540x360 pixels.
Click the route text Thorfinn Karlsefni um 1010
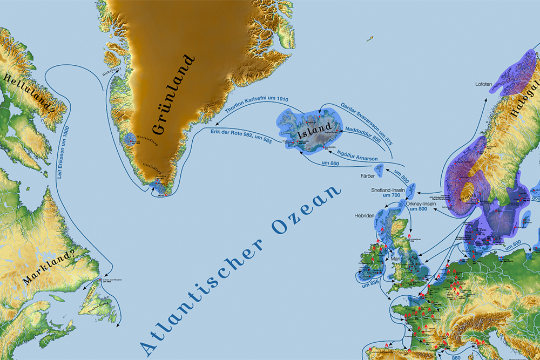256,107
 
